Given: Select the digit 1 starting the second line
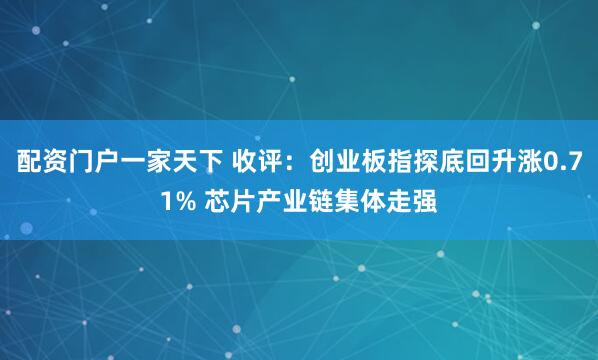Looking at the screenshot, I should pyautogui.click(x=165, y=199).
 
